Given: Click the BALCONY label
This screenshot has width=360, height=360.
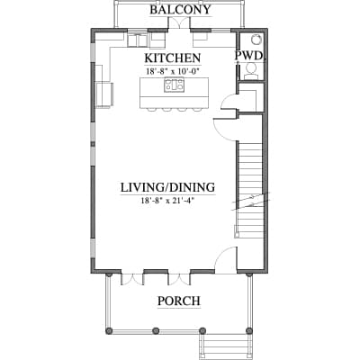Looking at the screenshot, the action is coord(180,10).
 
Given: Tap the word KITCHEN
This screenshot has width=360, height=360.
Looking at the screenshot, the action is coord(173,58).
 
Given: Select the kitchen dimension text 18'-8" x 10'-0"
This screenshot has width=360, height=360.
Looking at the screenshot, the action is coord(173,72).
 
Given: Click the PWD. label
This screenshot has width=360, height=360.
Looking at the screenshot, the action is coord(249,56).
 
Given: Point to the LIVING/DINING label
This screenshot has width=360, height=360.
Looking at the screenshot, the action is coord(167,187).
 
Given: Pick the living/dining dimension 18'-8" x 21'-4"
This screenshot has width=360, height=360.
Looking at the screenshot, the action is coord(168,201).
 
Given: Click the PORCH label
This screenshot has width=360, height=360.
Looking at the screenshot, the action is coord(179,301).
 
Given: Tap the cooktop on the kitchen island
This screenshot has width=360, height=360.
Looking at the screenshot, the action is coord(174,85).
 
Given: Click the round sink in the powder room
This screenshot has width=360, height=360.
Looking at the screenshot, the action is coord(256,39).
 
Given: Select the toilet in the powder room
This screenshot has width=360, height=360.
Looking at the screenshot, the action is coord(250,71).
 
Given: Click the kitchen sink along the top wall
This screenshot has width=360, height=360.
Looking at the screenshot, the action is coord(138,40).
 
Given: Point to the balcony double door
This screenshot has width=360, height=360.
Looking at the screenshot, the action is coord(179,23).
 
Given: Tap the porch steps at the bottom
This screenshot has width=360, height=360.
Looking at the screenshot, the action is coord(226,347).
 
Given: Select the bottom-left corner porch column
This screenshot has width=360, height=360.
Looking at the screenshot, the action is coord(109,330).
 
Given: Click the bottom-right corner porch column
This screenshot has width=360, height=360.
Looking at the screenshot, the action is coord(248,330).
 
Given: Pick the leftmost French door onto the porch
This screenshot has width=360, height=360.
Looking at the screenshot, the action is coord(132,278).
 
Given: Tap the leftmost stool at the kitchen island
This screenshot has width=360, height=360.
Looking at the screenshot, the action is coord(152,109).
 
